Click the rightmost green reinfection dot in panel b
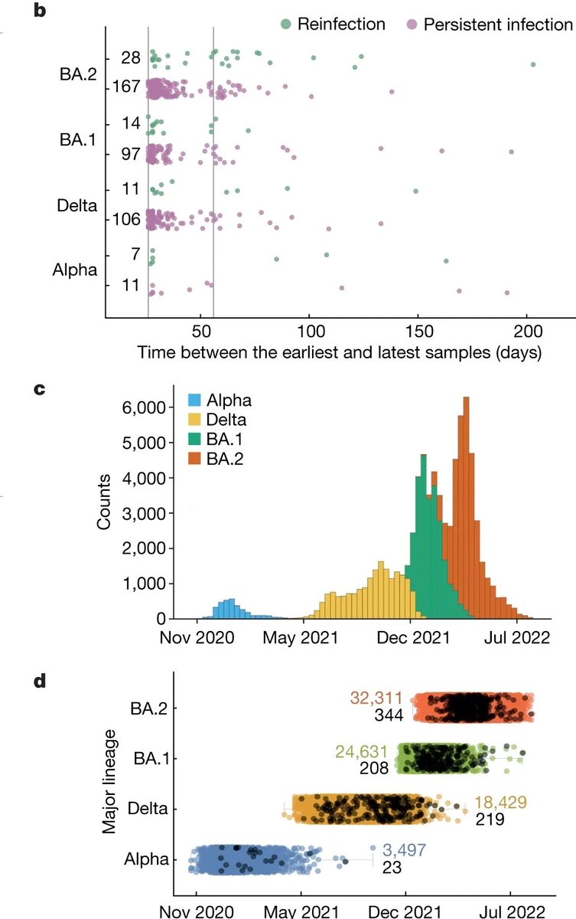pyautogui.click(x=533, y=64)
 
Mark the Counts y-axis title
pyautogui.click(x=106, y=502)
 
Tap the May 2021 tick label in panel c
pyautogui.click(x=304, y=637)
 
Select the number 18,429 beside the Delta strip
pyautogui.click(x=502, y=803)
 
